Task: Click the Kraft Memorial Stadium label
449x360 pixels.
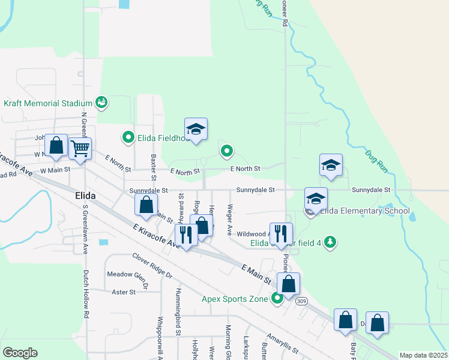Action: pyautogui.click(x=48, y=103)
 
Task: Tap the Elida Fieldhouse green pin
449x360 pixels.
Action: pyautogui.click(x=127, y=137)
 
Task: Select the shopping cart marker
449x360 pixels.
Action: pyautogui.click(x=80, y=148)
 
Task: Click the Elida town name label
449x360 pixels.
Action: pyautogui.click(x=86, y=196)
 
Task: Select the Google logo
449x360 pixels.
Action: pyautogui.click(x=20, y=352)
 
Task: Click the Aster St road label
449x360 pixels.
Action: pyautogui.click(x=124, y=292)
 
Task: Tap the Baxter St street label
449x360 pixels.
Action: pyautogui.click(x=154, y=168)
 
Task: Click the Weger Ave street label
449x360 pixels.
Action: pyautogui.click(x=229, y=219)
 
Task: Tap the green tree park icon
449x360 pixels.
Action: pyautogui.click(x=330, y=241)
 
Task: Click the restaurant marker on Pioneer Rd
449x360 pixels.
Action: pyautogui.click(x=281, y=233)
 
